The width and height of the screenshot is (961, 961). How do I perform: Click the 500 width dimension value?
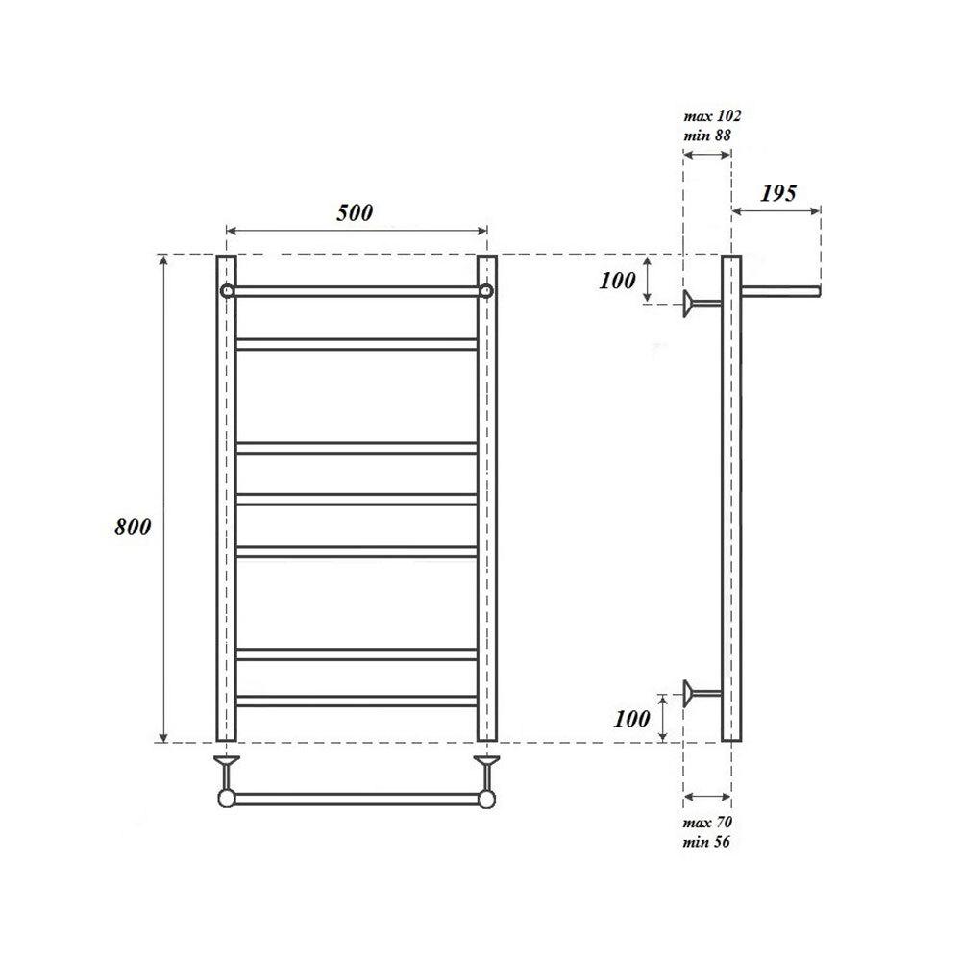355,212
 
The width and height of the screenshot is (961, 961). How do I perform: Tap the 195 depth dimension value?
777,192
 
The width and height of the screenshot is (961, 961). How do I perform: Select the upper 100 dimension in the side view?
617,281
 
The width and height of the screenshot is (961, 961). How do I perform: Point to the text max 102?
712,115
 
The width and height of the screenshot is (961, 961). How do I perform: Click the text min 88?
708,136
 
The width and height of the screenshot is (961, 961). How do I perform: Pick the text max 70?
707,824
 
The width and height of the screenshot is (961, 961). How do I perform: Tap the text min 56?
707,842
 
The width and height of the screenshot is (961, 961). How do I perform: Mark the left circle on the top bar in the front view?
226,291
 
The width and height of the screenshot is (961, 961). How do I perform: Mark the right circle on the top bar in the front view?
487,291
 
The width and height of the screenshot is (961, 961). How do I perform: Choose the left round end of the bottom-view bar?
226,798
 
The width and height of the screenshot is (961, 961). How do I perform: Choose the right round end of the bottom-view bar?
487,798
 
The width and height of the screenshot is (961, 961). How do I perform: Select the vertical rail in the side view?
731,500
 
